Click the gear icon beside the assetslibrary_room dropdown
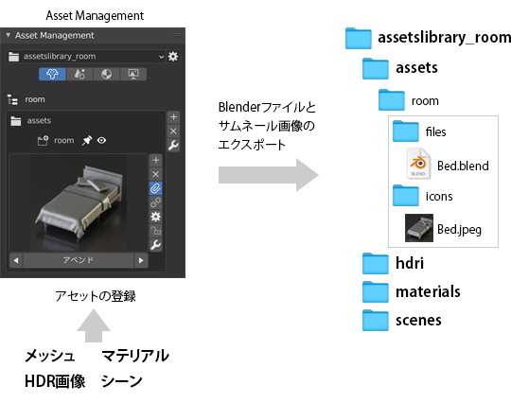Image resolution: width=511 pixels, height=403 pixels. [x=172, y=57]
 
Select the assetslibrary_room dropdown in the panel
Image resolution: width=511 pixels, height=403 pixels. [x=85, y=57]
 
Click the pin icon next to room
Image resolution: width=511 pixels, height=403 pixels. [x=86, y=140]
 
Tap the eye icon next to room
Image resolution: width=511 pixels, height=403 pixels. [x=100, y=140]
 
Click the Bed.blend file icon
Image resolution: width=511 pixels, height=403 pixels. [x=418, y=165]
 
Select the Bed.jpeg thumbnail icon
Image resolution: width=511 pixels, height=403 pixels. [x=417, y=228]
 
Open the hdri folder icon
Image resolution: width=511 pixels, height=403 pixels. [x=377, y=262]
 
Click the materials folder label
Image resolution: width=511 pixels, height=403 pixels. [x=428, y=291]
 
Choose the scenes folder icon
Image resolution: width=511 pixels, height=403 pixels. [x=377, y=321]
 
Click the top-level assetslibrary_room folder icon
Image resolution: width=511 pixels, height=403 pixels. [x=359, y=38]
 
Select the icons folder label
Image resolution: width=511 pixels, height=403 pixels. [x=439, y=196]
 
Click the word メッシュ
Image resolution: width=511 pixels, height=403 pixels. [x=49, y=357]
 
